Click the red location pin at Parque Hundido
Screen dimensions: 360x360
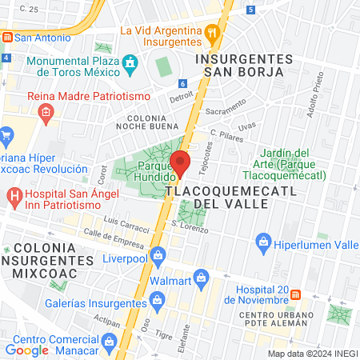(181, 163)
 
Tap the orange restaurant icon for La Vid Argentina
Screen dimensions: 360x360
(211, 33)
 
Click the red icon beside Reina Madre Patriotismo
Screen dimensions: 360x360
(46, 112)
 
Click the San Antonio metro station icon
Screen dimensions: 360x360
(6, 37)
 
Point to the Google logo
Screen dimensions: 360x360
(26, 350)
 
